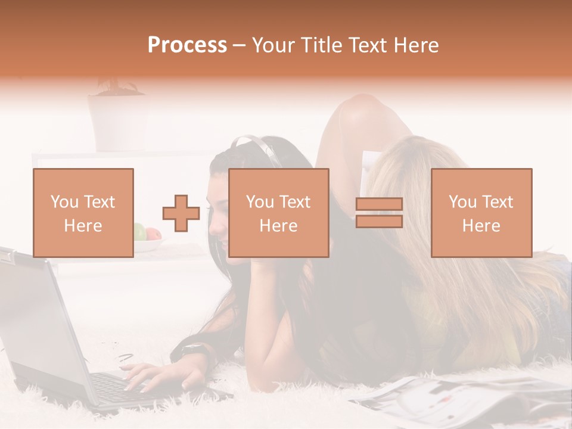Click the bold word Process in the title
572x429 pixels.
[187, 45]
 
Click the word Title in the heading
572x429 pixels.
[321, 45]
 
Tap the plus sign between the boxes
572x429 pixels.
[181, 213]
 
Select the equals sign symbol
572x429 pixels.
[379, 213]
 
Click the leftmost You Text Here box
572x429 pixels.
[83, 213]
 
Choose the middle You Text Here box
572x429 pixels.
[279, 213]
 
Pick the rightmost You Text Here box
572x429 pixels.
[481, 213]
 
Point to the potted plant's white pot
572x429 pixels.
[117, 122]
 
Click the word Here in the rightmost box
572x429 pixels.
[481, 225]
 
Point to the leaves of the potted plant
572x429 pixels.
[116, 86]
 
